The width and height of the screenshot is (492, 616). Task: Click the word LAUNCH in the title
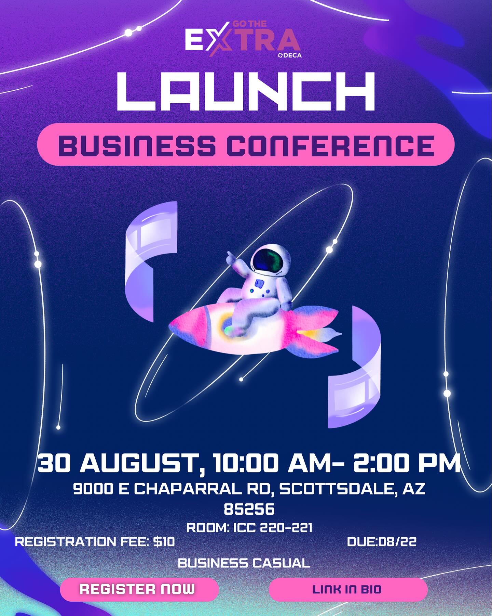(246, 91)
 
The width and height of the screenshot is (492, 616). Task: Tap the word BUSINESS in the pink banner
(137, 145)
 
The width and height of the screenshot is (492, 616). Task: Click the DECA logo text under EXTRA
(291, 55)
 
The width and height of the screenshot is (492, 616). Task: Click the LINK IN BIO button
(348, 589)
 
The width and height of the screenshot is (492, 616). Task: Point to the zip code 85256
(249, 509)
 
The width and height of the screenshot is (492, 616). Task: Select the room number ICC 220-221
(273, 527)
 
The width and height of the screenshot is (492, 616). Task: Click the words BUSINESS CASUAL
(244, 563)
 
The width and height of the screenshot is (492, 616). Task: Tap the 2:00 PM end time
(407, 464)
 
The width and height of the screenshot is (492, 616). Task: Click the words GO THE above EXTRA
(249, 24)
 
